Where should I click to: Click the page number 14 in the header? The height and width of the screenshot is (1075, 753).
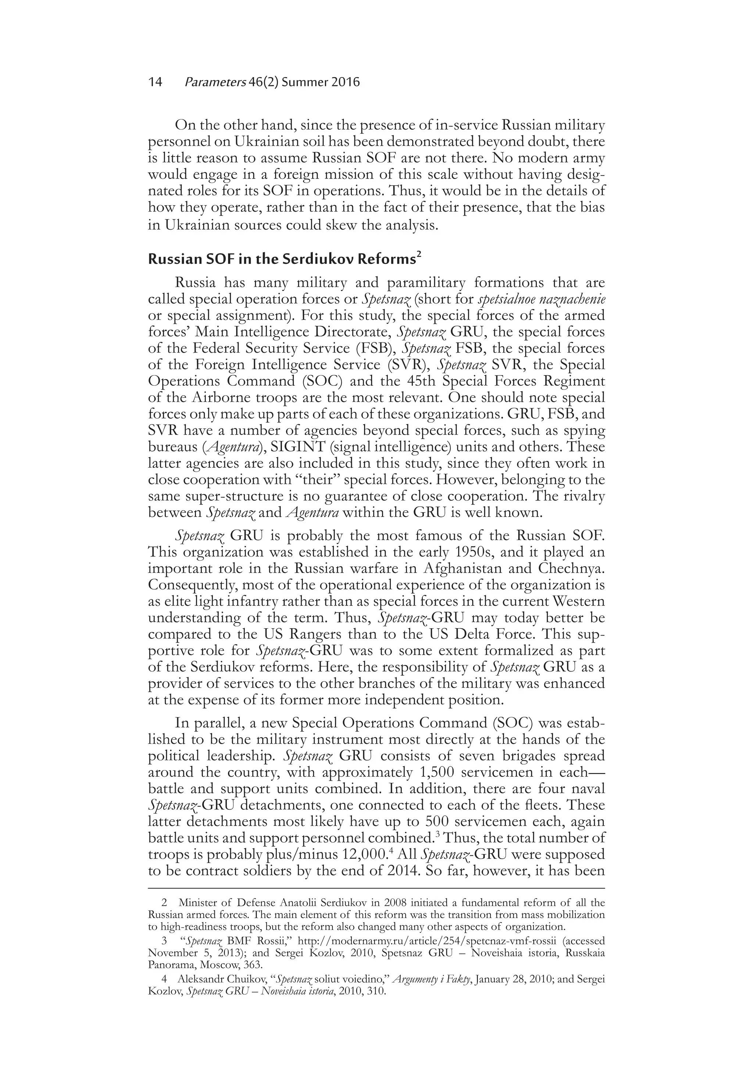[155, 82]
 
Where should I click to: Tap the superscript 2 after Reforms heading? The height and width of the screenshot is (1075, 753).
[419, 255]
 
